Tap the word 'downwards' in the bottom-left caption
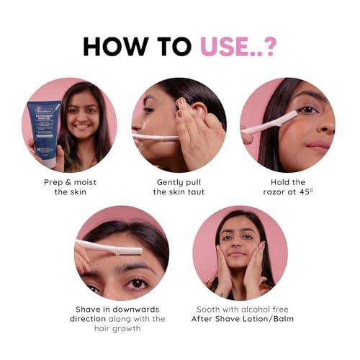click(x=130, y=308)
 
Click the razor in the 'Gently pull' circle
click(x=155, y=136)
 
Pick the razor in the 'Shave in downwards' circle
click(x=101, y=248)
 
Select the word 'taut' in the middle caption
click(x=195, y=193)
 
